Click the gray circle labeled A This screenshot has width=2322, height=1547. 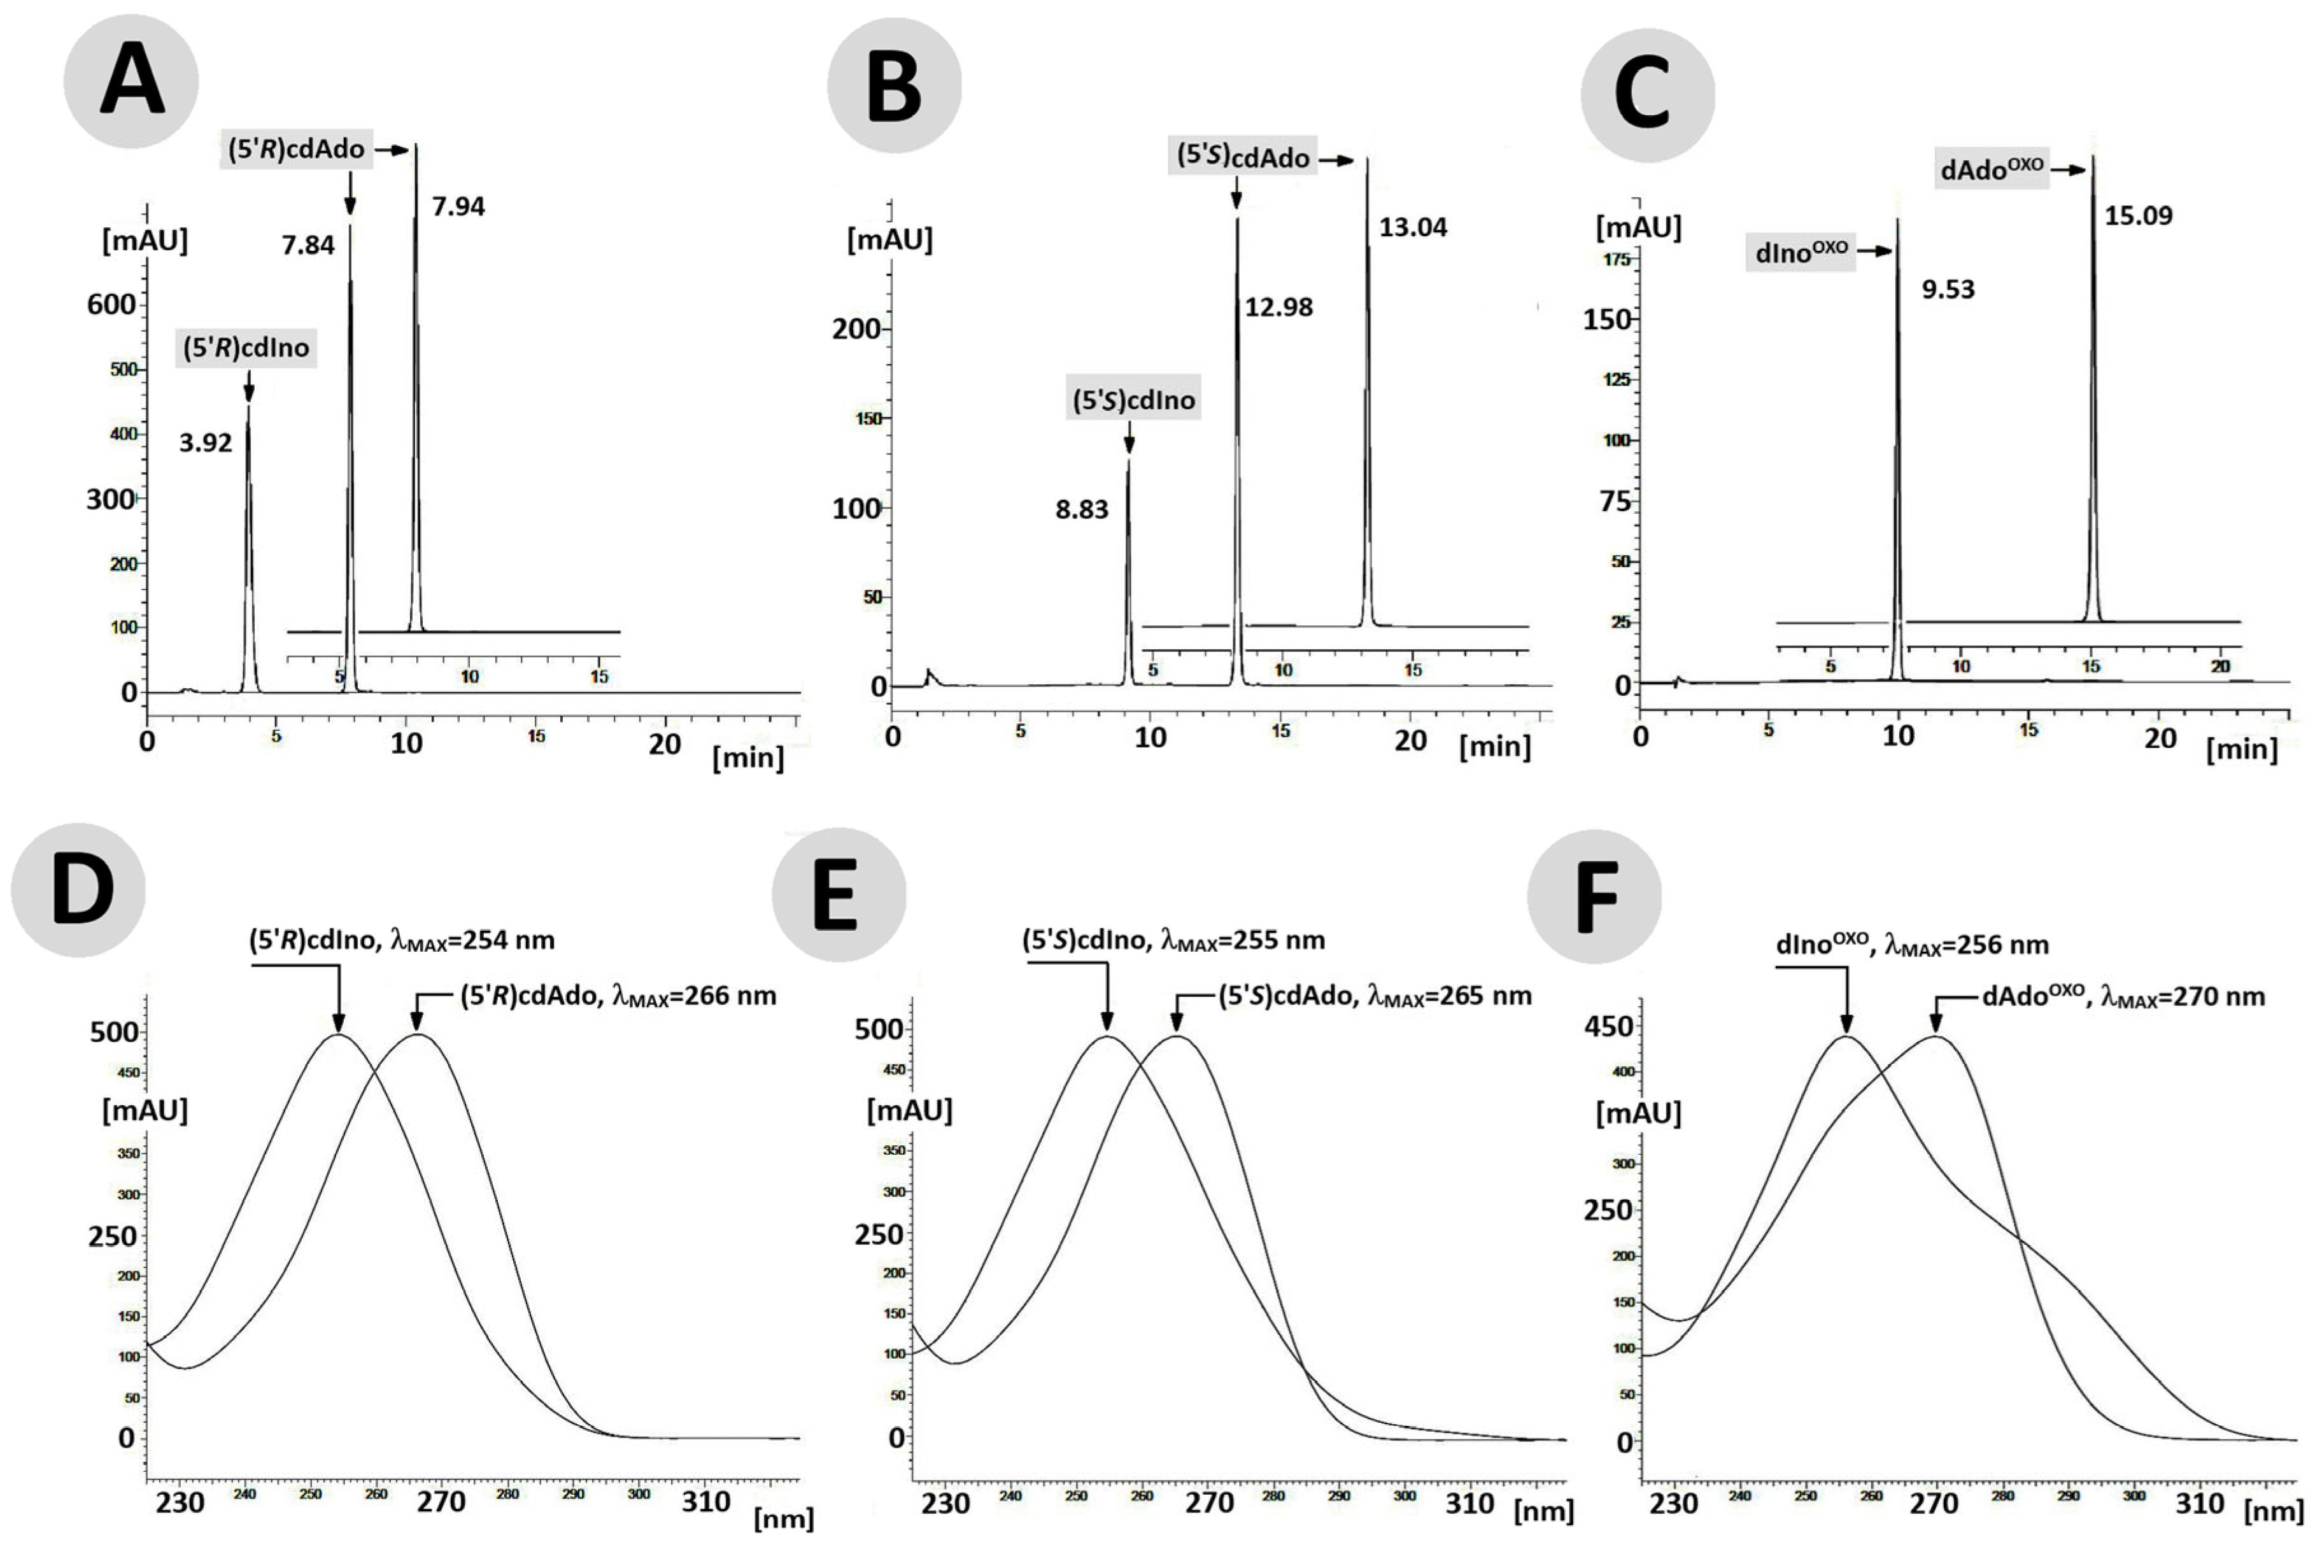[131, 82]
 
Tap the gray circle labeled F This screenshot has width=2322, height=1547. [1594, 896]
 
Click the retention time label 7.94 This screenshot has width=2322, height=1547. [458, 207]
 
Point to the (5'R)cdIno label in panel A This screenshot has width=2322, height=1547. [246, 348]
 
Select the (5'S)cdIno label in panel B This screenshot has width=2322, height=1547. [1133, 400]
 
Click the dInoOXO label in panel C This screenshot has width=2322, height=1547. [1801, 253]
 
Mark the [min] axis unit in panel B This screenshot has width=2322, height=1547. [1494, 747]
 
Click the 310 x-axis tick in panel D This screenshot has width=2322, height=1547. [706, 1502]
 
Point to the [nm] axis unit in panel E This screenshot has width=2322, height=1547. [1544, 1511]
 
